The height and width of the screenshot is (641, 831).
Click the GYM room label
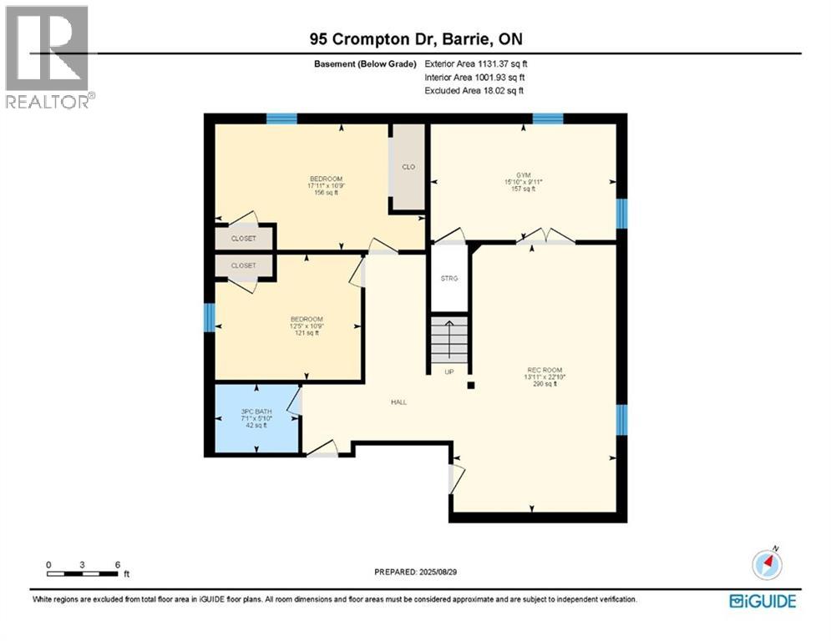[524, 181]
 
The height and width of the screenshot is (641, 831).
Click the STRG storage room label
[449, 279]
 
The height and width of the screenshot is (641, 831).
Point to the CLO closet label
[408, 167]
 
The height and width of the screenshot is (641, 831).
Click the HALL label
[398, 402]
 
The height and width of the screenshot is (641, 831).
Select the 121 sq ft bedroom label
[306, 326]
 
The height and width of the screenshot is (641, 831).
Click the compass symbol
[766, 564]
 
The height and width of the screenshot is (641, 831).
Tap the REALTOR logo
[48, 57]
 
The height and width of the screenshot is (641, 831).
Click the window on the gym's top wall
[548, 119]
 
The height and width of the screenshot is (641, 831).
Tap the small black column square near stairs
[471, 386]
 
